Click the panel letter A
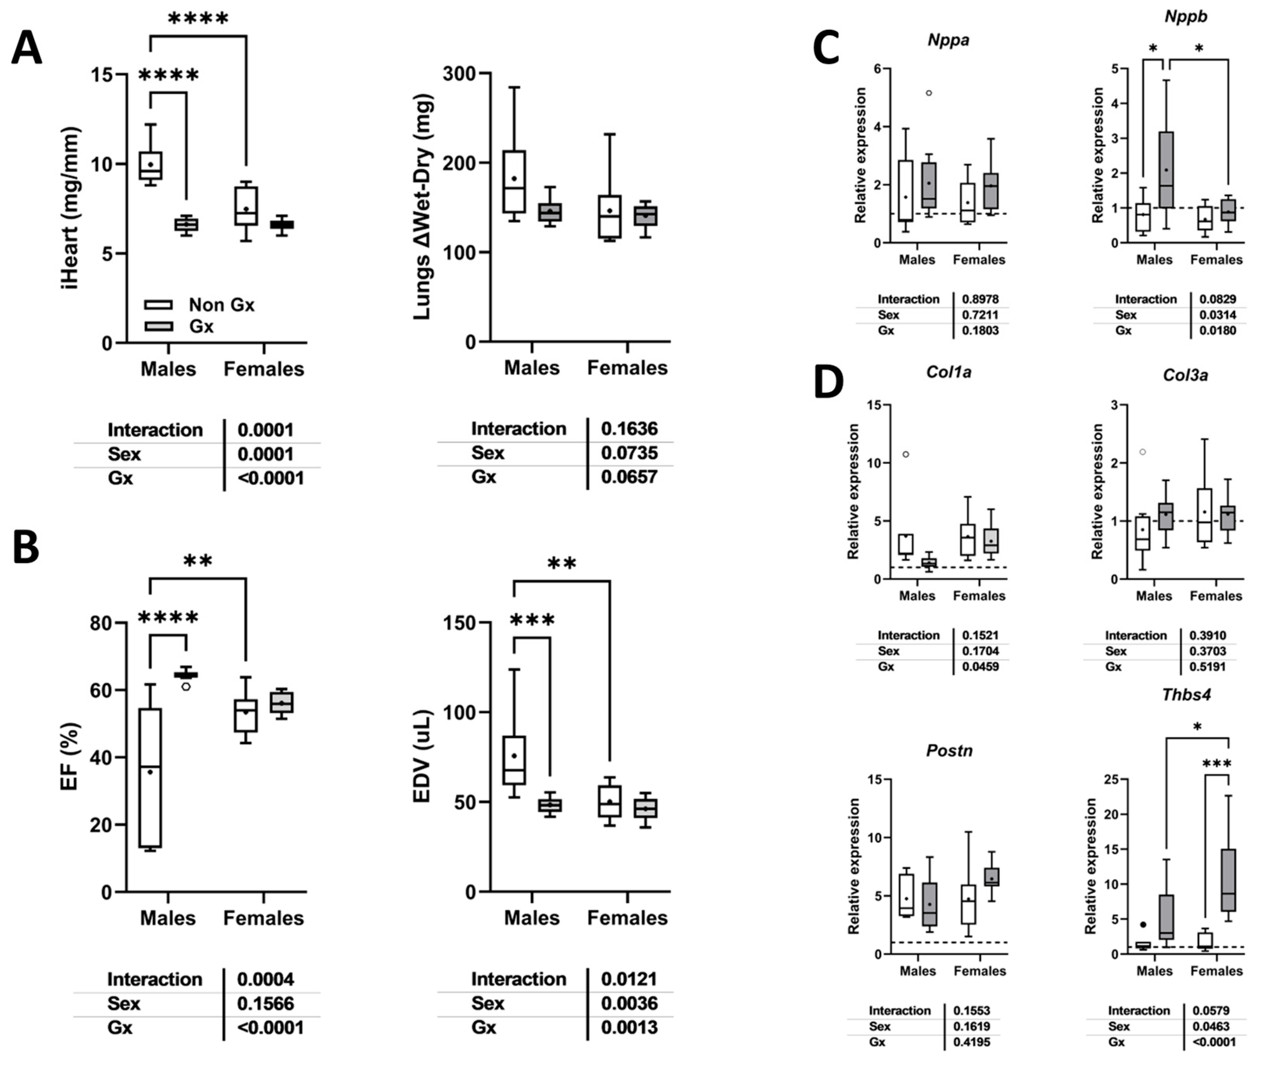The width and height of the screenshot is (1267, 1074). tap(27, 48)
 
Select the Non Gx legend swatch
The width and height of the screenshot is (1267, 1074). tap(158, 304)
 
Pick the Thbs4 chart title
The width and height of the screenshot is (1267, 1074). tap(1186, 695)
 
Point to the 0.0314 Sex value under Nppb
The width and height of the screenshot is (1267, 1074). tap(1218, 315)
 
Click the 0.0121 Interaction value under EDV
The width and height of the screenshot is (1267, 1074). tap(629, 979)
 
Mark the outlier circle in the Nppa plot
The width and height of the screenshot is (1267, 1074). tap(929, 93)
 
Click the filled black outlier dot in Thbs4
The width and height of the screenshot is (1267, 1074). tap(1143, 924)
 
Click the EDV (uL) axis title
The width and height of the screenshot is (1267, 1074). tap(422, 756)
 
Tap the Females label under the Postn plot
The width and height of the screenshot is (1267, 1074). tap(979, 971)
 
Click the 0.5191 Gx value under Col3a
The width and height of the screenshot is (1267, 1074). tap(1207, 667)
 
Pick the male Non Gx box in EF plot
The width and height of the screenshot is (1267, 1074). tap(150, 777)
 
